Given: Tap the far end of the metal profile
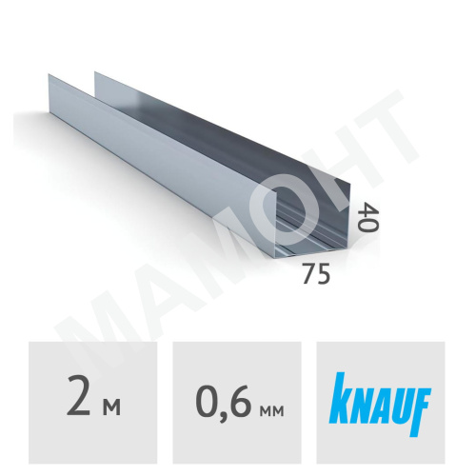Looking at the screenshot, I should tap(71, 81).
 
